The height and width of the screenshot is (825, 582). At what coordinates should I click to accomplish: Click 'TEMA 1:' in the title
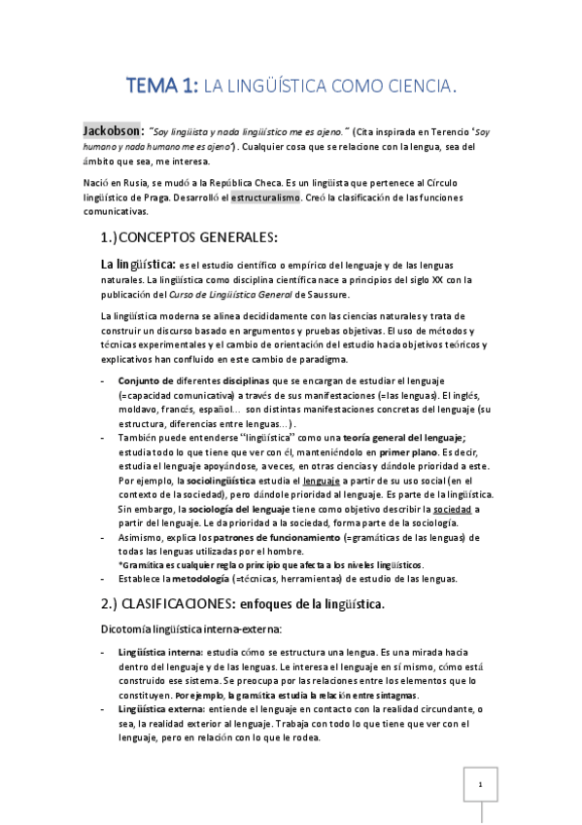point(160,88)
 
